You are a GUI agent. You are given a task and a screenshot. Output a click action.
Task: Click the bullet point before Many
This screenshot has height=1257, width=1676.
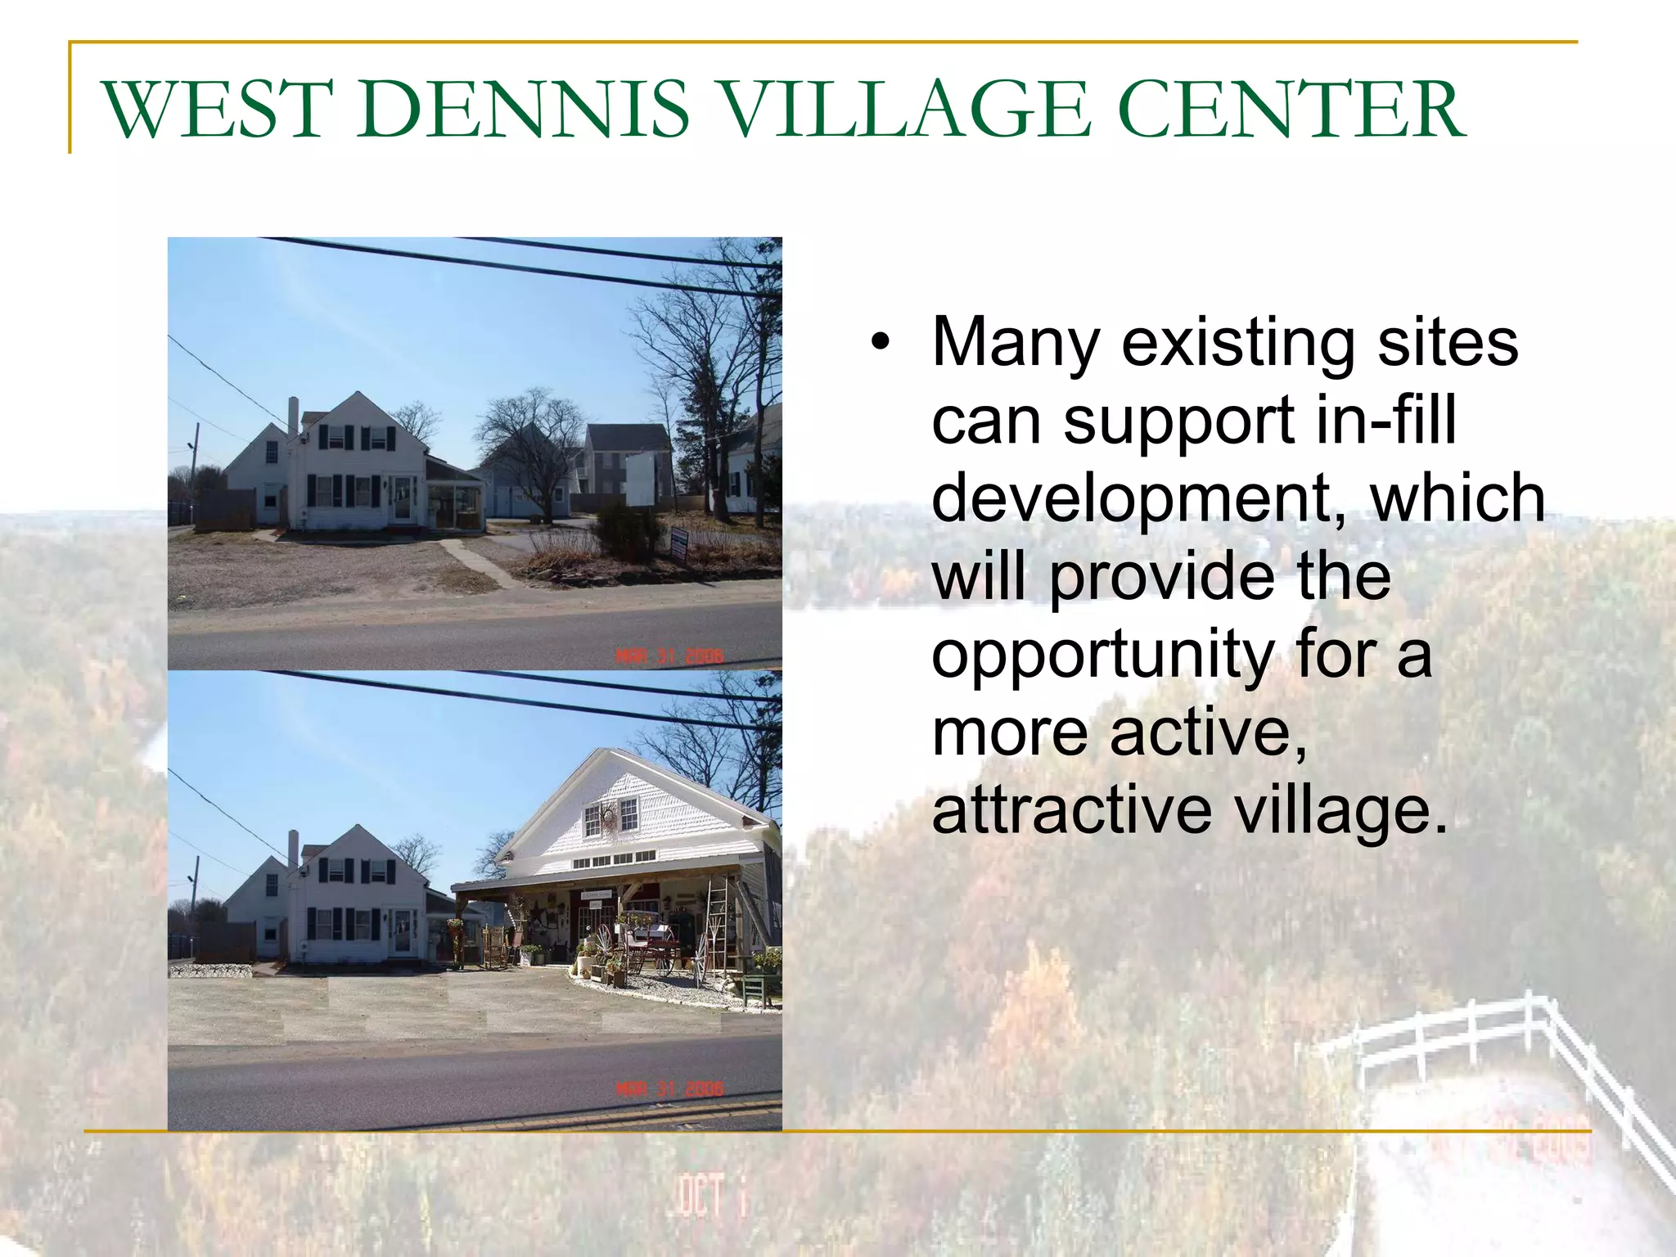click(x=880, y=342)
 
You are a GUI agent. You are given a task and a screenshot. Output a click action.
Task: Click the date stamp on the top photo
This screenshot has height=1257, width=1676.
click(x=669, y=656)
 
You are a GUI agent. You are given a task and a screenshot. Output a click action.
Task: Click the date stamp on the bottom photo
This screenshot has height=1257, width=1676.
click(x=669, y=1088)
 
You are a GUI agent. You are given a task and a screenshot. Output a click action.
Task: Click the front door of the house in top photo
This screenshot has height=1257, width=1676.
click(x=401, y=499)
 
